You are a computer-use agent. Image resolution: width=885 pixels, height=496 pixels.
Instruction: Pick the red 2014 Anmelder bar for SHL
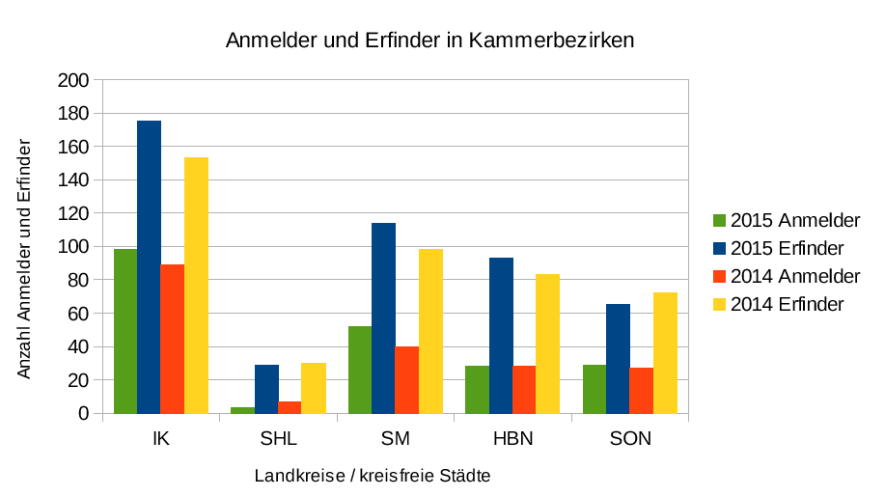290,407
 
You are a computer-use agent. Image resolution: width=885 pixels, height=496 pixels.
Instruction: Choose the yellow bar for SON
665,353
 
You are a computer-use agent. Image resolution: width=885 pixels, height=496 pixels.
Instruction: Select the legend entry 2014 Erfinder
788,304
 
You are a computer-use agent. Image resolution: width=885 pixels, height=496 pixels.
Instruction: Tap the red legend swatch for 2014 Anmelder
719,276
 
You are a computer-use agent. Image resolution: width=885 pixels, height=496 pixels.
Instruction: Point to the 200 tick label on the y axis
73,80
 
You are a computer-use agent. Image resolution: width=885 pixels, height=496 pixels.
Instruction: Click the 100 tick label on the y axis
73,247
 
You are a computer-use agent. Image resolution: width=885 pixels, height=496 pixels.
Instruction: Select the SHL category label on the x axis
278,439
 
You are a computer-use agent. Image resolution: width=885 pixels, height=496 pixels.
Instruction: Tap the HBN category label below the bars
512,439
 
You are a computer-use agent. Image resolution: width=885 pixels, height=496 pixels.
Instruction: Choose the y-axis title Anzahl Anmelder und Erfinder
25,258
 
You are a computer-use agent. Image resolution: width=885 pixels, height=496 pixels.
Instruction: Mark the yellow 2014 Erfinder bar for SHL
314,388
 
